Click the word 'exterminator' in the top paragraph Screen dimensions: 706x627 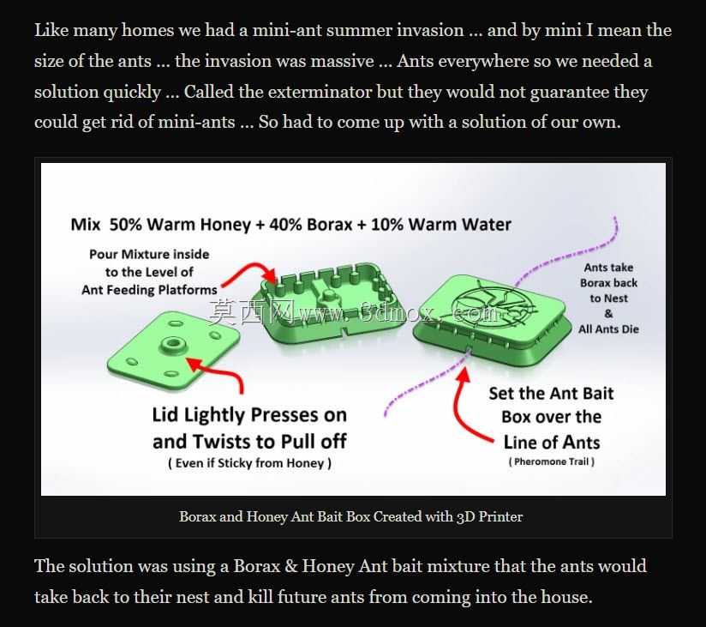click(320, 92)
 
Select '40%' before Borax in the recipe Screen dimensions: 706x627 click(285, 225)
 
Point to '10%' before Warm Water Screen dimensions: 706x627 click(386, 225)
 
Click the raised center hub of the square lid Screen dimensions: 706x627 click(171, 345)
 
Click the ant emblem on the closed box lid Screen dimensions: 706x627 click(493, 303)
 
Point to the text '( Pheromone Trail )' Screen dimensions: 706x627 click(552, 461)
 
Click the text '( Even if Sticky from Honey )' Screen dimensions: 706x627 click(250, 463)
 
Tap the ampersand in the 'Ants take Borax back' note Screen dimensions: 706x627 click(608, 314)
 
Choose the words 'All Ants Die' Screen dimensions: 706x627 click(608, 329)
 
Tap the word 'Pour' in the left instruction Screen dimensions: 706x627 click(104, 255)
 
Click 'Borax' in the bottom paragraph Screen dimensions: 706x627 click(257, 566)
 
